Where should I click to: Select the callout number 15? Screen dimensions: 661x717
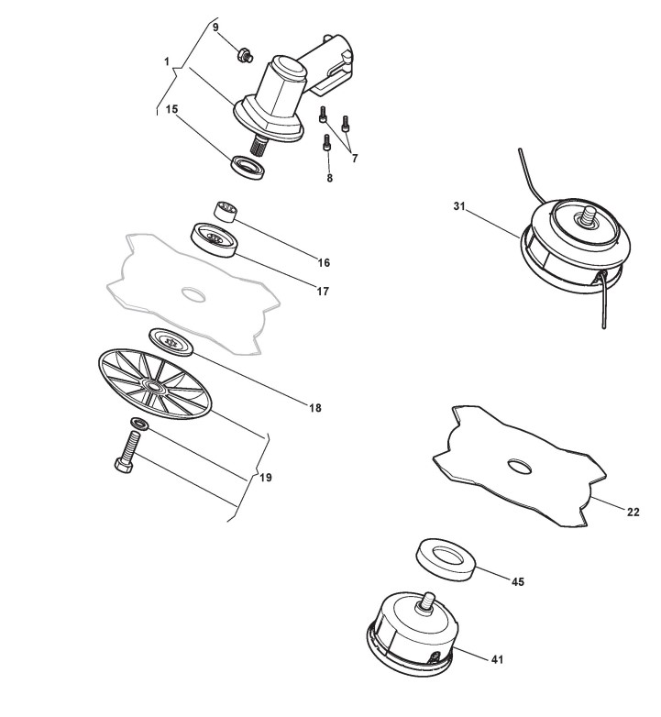click(x=171, y=108)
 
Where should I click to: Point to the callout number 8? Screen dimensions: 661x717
click(x=329, y=177)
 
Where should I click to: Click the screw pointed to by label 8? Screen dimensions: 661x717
click(x=327, y=143)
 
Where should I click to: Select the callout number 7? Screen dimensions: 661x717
click(x=354, y=158)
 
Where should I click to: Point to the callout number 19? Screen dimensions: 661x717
click(x=266, y=478)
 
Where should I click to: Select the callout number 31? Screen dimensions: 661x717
click(x=459, y=207)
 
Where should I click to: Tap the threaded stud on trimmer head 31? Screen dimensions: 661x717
click(x=584, y=218)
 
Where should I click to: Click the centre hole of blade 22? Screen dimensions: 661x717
click(x=520, y=467)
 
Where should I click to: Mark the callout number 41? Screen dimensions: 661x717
click(x=496, y=658)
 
